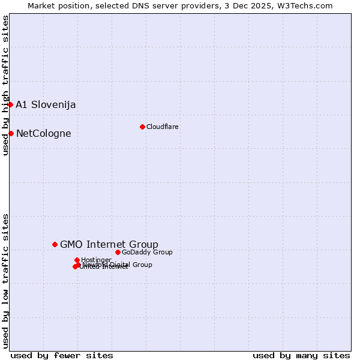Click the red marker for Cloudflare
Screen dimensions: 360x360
(x=142, y=127)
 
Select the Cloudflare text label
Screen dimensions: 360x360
(x=163, y=127)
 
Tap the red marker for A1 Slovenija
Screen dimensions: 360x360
(x=10, y=104)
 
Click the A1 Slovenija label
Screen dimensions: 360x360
(x=46, y=105)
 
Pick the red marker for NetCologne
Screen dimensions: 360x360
(x=11, y=133)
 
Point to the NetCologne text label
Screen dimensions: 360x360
(x=43, y=134)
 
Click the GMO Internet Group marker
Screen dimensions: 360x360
(x=55, y=244)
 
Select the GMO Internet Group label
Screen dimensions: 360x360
(x=109, y=244)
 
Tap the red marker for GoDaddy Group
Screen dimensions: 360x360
(x=118, y=252)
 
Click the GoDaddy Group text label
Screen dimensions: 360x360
(x=147, y=252)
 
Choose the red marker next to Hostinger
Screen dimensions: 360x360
(x=77, y=260)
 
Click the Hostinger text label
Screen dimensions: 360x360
(x=96, y=260)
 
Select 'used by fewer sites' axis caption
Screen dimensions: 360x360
(x=62, y=355)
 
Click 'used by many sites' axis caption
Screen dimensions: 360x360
(x=301, y=355)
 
